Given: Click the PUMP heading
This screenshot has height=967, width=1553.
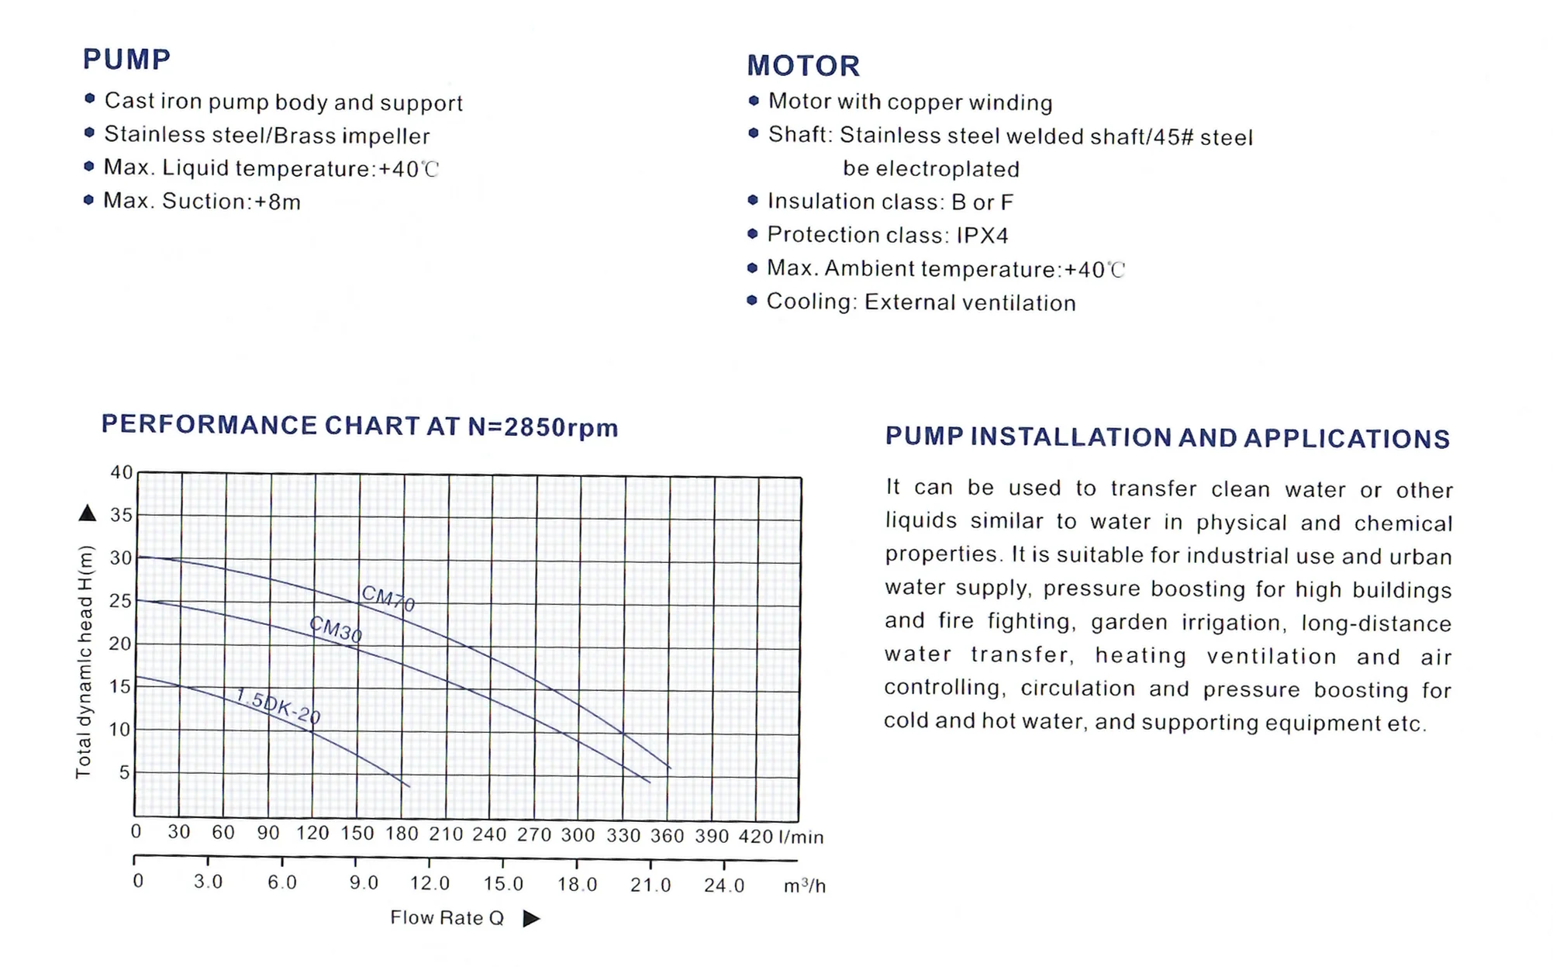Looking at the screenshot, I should coord(126,59).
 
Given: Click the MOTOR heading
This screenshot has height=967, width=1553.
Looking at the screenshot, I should coord(803,66).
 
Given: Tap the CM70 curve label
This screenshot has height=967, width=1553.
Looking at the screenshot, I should coord(388,598).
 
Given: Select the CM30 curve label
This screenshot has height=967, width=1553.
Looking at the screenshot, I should coord(335,629).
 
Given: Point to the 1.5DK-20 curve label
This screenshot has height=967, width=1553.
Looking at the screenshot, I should coord(277,706).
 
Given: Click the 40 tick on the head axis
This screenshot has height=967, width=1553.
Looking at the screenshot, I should coord(121,472).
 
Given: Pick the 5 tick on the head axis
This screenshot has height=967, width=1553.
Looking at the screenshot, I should coord(124,772).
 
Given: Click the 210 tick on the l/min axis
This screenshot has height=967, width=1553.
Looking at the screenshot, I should coord(446,834).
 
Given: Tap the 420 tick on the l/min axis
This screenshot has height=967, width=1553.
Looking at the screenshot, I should coord(756,836).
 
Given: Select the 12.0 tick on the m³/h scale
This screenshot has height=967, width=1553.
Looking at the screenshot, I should coord(430,883).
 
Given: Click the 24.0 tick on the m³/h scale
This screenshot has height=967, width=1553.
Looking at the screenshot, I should coord(723,885).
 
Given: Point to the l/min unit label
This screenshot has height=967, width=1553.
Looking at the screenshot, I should coord(801,837).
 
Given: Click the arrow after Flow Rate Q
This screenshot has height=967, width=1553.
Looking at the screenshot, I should coord(531,919).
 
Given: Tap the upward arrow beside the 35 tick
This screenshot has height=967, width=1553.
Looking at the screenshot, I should coord(88,513).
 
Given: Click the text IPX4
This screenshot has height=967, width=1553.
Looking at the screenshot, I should coord(982,235).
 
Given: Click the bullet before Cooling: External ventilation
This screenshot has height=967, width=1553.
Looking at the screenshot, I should coord(751,301).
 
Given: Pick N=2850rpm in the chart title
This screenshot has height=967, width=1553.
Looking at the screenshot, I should coord(543,427).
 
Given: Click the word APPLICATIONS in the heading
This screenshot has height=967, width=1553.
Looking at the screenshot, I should coord(1347,439).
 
